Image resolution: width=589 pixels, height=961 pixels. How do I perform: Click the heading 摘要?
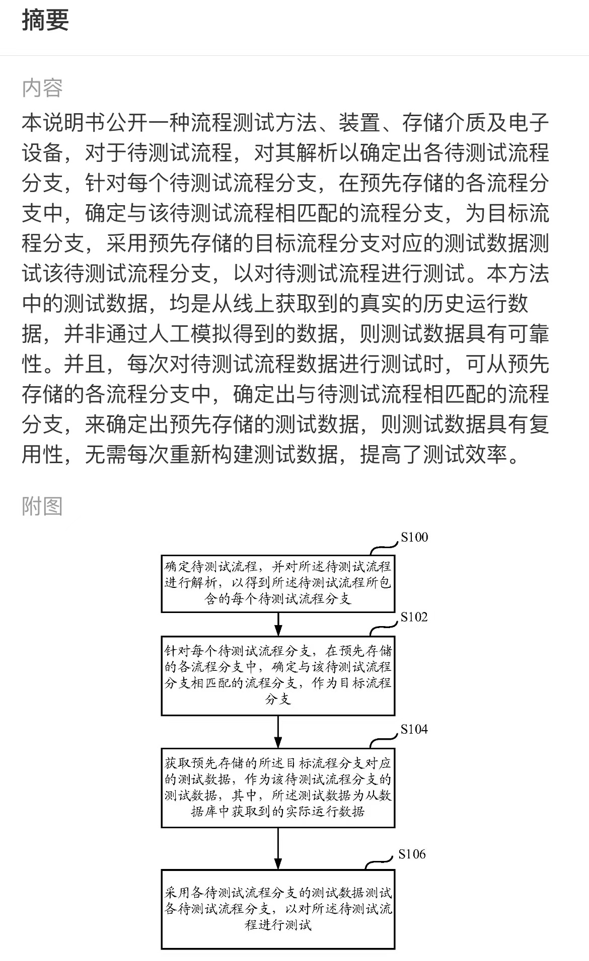pos(45,20)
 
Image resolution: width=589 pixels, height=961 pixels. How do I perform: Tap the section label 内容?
pos(42,88)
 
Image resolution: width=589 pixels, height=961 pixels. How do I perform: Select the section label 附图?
pos(42,506)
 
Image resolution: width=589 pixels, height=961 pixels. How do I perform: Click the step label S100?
pos(414,537)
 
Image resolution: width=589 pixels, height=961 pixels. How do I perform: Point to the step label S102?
pos(414,617)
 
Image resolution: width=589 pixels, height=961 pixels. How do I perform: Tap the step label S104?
pos(414,729)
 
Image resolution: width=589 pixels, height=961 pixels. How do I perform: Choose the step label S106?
pos(412,854)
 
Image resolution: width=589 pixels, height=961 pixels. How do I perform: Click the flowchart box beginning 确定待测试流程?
pos(278,583)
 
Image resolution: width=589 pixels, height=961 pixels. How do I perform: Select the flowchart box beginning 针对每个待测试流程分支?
pos(278,676)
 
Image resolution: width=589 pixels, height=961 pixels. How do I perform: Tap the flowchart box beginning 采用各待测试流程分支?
pos(278,909)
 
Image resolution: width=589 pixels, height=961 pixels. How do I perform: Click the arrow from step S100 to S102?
pos(278,625)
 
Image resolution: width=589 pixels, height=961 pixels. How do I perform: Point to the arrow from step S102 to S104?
pos(278,732)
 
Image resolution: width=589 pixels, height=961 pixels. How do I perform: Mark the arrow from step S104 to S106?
pos(278,848)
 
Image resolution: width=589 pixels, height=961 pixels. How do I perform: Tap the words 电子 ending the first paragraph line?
pos(528,123)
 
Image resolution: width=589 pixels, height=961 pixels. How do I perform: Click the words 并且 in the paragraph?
pos(85,364)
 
